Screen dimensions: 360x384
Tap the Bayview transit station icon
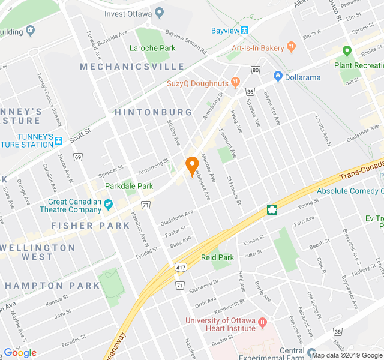[x=245, y=31]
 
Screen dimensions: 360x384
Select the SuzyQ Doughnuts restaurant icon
[x=235, y=82]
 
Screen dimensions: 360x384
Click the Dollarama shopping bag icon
[x=278, y=77]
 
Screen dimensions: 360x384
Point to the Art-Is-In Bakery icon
[x=292, y=47]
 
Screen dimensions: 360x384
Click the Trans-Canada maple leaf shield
[x=272, y=209]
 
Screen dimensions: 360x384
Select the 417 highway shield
[x=181, y=266]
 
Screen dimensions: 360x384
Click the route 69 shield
[x=78, y=157]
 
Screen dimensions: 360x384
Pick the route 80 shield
[x=256, y=71]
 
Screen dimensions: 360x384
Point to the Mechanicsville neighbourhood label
[x=132, y=66]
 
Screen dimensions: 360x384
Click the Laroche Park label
[x=152, y=48]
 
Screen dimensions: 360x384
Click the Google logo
[x=20, y=353]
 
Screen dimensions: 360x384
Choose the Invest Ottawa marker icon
[x=159, y=13]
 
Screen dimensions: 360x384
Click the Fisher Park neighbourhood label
[x=90, y=226]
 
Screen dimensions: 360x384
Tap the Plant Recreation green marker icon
[x=346, y=52]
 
